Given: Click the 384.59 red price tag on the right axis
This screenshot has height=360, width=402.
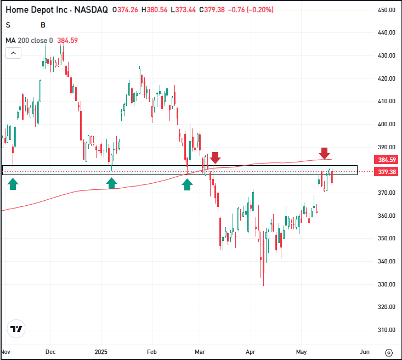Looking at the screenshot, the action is point(386,160).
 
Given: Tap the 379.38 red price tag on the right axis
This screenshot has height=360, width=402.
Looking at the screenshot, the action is point(386,172).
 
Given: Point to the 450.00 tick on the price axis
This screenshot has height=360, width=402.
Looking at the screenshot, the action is point(387,10).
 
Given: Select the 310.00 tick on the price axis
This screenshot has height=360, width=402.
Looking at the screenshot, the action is point(387,330).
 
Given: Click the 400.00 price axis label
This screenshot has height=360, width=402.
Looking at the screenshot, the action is point(387,124).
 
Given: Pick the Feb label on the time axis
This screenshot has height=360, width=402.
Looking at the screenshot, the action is point(152,352).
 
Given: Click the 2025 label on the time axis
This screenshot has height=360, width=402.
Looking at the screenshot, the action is point(101,352).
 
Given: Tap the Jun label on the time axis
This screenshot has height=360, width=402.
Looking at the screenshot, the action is point(365,352).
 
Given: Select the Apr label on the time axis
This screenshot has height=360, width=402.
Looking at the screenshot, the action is point(251,352).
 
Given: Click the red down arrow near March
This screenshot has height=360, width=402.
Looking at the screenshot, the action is point(215,157).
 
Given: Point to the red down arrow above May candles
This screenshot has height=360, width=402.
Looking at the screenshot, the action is point(324,153).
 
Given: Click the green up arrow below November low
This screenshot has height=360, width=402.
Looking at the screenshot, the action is point(13,184).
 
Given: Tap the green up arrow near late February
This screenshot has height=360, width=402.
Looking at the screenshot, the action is point(187,184).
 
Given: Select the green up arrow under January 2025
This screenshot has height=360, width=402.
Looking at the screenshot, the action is point(111,183).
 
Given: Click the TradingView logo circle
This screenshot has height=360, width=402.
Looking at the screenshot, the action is point(16,329).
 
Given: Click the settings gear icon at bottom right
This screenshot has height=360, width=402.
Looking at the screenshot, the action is point(389,353).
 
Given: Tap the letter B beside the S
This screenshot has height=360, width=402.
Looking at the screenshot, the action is point(43,25).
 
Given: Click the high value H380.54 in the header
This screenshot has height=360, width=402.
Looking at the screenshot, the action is point(154,10).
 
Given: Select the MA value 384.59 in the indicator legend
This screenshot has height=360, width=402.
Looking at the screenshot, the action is point(67,41).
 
